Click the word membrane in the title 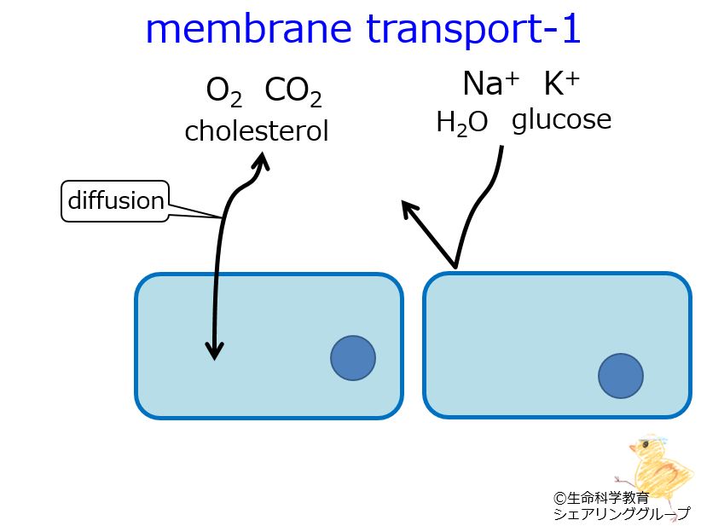(248, 29)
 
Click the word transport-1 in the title (473, 29)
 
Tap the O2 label (224, 91)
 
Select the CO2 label (293, 91)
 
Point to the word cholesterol (257, 130)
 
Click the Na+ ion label (491, 84)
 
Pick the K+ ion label (561, 84)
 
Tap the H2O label (462, 123)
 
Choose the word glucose (561, 119)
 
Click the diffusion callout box (115, 200)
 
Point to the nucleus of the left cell (353, 358)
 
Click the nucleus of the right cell (621, 376)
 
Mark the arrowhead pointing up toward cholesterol (261, 160)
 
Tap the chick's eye (645, 444)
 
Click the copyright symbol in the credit (559, 498)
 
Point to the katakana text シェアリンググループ (622, 514)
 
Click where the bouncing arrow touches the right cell (455, 269)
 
